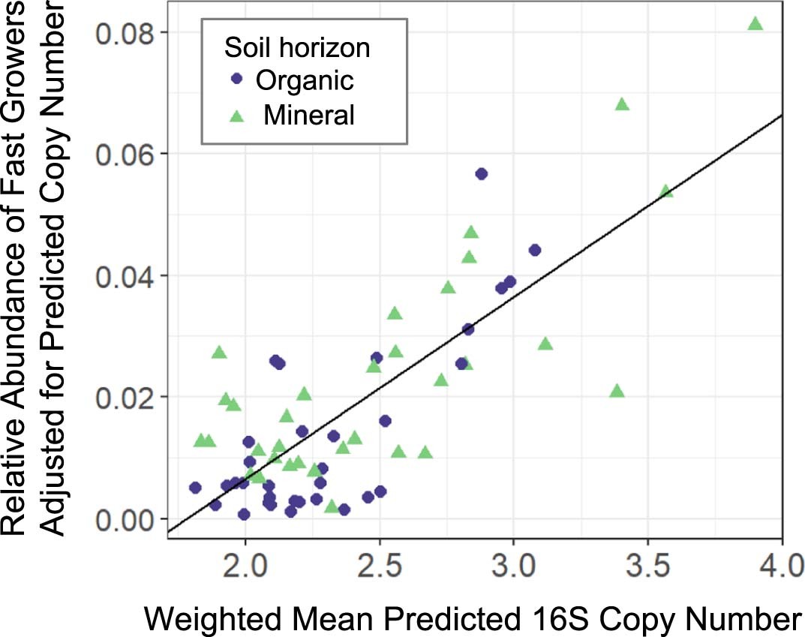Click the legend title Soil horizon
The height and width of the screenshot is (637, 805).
297,49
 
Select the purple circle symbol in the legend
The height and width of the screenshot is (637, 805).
238,79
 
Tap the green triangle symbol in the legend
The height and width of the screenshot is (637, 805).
238,114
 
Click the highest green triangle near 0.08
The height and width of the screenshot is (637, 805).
755,24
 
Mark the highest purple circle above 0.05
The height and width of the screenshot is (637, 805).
482,174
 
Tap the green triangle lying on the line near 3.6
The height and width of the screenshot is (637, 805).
665,191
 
